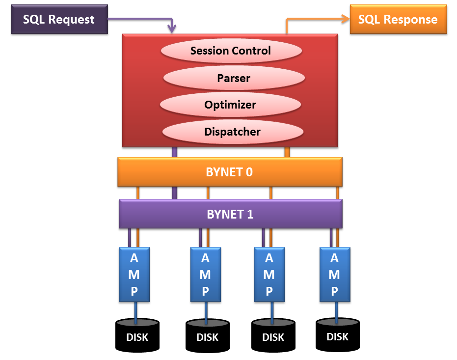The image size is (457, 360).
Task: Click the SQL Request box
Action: coord(59,20)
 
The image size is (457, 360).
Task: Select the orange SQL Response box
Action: coord(398,20)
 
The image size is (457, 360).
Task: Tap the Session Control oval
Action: coord(231,51)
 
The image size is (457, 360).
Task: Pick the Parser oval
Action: coord(234,78)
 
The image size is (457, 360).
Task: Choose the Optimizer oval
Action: coord(230,105)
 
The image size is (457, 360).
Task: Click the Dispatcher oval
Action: coord(232,132)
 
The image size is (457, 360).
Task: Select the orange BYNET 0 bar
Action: coord(230,172)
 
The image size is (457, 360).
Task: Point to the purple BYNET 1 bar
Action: coord(230,214)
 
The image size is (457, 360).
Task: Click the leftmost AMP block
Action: coord(134,274)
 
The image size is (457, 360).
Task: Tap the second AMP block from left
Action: coord(205,274)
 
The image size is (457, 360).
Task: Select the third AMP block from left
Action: coord(269,274)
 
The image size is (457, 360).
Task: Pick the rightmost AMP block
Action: coord(334,274)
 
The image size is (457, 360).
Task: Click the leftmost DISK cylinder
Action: coord(137,335)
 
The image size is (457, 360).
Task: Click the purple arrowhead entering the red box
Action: coord(172,30)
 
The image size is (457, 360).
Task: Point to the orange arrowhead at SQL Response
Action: coord(345,19)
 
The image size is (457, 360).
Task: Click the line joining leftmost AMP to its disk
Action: coord(136,311)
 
